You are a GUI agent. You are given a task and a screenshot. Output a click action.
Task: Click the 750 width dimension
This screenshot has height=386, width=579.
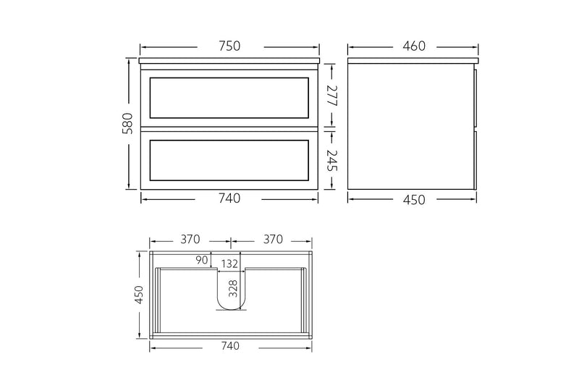point(229,46)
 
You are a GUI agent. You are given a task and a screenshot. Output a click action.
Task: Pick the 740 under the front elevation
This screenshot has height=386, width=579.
point(229,198)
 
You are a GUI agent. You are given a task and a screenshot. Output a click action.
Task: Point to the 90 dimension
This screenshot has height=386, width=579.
point(201,260)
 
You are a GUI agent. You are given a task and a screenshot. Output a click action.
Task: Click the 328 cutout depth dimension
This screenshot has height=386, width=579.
point(233,290)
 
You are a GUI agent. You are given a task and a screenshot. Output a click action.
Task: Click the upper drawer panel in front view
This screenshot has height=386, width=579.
point(229,97)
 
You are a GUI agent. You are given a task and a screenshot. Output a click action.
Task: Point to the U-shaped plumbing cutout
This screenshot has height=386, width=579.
point(232,297)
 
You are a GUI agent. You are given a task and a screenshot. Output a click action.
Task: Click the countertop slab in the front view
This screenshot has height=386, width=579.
point(229,61)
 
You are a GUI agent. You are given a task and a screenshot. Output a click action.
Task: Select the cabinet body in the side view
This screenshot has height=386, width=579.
point(409,127)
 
